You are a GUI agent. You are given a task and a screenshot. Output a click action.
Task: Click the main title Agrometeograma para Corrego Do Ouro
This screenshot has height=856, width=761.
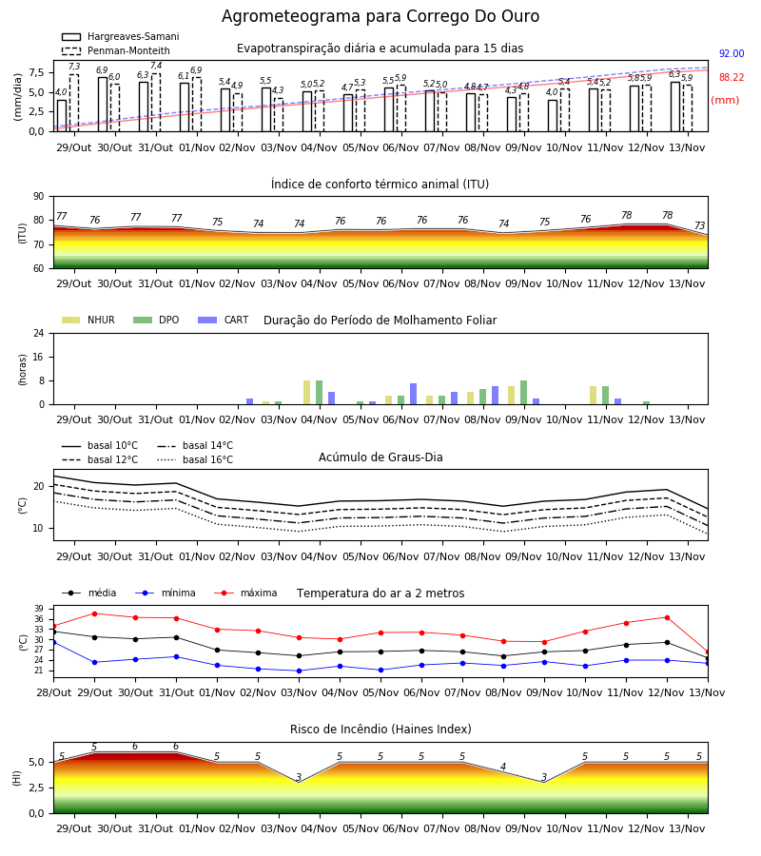point(380,16)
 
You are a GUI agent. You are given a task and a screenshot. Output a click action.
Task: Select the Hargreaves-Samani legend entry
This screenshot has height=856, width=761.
point(120,36)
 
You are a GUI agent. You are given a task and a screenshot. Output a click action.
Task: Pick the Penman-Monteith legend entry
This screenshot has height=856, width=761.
point(116,50)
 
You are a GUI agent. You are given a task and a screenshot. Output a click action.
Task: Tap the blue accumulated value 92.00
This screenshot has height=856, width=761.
point(732,53)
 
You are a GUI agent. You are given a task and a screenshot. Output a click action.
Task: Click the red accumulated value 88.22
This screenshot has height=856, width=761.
point(732,78)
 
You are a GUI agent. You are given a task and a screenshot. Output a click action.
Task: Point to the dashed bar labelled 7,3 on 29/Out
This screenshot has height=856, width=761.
point(73,103)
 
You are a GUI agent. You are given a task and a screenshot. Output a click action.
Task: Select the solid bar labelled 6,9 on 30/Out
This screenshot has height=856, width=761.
point(103,105)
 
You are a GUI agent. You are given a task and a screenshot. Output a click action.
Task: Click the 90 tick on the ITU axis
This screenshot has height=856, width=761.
point(39,197)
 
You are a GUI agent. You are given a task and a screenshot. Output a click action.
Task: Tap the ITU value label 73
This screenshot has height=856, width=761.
point(699,225)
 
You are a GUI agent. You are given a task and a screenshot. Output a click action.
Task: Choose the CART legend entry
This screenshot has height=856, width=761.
point(224,320)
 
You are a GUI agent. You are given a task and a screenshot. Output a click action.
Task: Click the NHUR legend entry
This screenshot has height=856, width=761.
point(88,320)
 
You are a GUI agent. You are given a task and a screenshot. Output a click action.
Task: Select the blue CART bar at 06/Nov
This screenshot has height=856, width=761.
point(413,394)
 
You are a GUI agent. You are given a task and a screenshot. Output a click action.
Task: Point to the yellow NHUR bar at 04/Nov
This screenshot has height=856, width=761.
point(307,393)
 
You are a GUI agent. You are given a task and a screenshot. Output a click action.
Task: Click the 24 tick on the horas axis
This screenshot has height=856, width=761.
point(39,334)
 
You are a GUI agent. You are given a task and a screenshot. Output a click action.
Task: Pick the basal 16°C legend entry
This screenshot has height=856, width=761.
point(195,459)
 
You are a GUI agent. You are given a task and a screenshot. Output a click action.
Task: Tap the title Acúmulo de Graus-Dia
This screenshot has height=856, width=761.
point(380,457)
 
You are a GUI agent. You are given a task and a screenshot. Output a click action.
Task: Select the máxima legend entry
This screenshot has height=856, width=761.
point(245,593)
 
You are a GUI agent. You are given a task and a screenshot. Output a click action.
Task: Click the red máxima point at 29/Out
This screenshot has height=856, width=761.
point(94,613)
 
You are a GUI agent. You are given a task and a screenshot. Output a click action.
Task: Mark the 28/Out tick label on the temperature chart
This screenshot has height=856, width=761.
point(53,692)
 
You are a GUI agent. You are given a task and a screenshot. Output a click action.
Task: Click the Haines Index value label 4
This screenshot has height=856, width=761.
point(503,767)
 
